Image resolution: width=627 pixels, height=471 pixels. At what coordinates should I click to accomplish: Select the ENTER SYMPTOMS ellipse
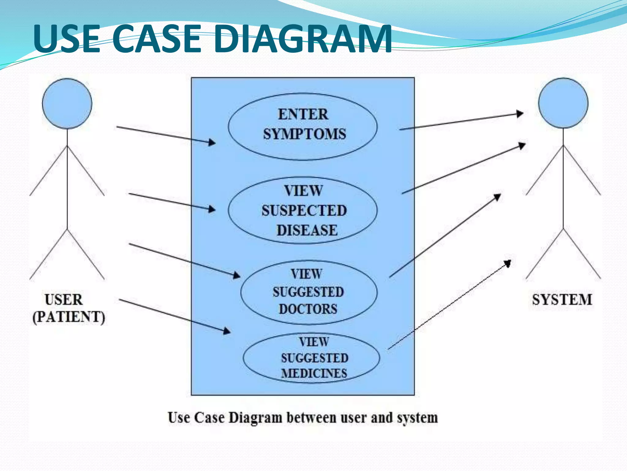(302, 126)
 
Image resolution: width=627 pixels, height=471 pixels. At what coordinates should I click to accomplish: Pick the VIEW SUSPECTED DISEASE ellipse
(302, 210)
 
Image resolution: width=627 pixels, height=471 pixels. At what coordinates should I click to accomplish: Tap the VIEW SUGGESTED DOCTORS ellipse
(309, 292)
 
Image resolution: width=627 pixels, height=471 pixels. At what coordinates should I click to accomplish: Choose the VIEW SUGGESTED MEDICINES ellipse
(311, 358)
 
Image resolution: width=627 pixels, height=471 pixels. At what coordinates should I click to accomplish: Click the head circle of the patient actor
(67, 103)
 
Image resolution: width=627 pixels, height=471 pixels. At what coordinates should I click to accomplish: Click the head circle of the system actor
(563, 103)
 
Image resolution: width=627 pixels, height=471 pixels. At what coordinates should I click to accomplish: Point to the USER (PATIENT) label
(68, 308)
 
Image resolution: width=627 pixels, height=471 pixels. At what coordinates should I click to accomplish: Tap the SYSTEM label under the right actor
(562, 300)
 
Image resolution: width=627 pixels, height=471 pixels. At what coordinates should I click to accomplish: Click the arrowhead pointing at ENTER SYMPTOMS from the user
(212, 142)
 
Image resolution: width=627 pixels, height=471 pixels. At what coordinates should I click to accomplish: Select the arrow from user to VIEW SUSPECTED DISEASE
(171, 202)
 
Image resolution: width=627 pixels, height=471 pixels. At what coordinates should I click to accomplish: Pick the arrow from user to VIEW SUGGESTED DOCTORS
(184, 261)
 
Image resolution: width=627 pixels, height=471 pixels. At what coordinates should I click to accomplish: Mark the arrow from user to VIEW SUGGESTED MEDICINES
(175, 316)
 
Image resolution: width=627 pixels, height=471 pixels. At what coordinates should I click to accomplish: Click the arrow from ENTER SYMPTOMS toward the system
(459, 122)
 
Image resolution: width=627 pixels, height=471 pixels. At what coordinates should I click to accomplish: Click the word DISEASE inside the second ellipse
(307, 230)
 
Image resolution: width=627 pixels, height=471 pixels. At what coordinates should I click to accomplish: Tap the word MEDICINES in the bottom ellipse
(314, 373)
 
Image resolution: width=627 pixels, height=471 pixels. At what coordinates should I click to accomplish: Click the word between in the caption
(311, 418)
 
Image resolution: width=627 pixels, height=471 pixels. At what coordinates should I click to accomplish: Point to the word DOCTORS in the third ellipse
(308, 309)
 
